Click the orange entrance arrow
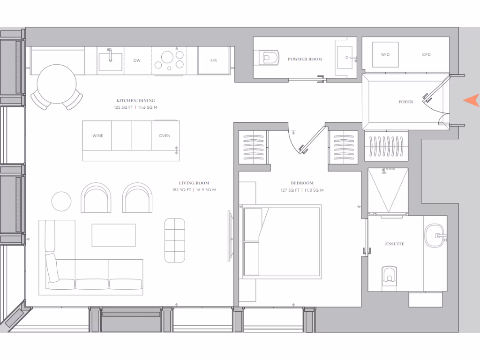click(x=472, y=100)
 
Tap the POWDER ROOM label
click(x=305, y=60)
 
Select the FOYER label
click(x=406, y=102)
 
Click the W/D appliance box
click(x=385, y=55)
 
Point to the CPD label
click(x=426, y=55)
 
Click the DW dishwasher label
click(x=137, y=60)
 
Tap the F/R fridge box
click(x=214, y=60)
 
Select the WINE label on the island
click(x=97, y=136)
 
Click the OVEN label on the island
click(x=165, y=136)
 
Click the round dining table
click(x=57, y=84)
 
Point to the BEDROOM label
click(x=302, y=183)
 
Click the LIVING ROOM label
click(x=194, y=183)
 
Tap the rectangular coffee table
click(x=113, y=235)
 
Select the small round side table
click(x=61, y=202)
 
